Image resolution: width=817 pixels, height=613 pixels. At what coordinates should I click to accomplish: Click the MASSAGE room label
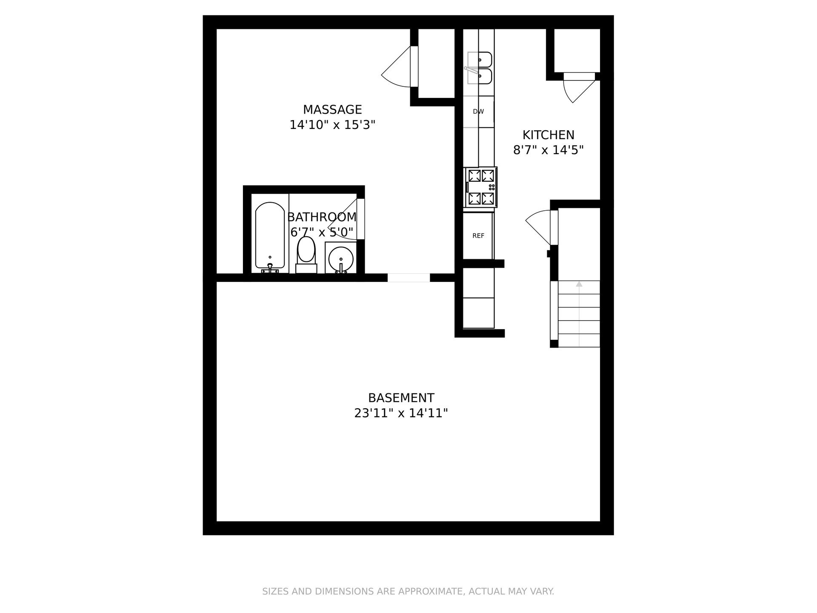click(332, 110)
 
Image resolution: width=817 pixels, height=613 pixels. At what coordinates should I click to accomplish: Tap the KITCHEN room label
click(548, 135)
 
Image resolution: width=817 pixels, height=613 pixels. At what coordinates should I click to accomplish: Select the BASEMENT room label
click(401, 398)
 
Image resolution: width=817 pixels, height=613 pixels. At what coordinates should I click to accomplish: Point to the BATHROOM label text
click(322, 217)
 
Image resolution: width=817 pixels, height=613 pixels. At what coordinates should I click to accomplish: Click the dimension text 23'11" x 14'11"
click(401, 413)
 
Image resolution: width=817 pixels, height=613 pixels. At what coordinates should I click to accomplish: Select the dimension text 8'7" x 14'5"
click(548, 150)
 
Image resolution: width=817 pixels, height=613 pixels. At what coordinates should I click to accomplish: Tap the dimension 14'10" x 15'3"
click(332, 125)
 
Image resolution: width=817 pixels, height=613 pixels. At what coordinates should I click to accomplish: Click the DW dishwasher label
click(478, 112)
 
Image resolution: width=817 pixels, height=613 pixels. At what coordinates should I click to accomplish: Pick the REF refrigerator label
click(478, 236)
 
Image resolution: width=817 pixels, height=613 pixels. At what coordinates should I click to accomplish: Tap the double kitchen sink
click(480, 68)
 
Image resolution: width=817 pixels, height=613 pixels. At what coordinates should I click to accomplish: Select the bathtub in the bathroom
click(270, 238)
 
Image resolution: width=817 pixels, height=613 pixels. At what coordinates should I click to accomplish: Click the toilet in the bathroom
click(306, 255)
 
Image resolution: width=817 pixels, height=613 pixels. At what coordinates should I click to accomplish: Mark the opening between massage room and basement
click(408, 278)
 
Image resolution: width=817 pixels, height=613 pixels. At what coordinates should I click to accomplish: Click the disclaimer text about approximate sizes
click(408, 591)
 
